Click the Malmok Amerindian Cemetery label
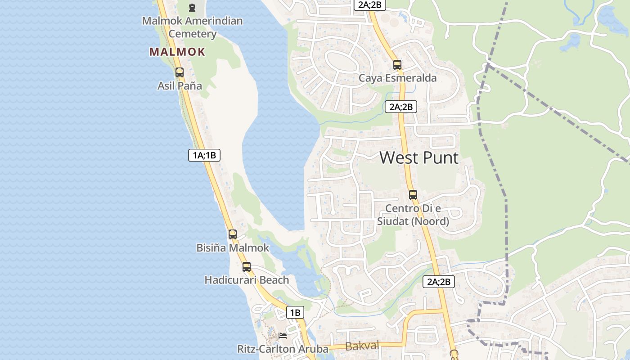pyautogui.click(x=192, y=27)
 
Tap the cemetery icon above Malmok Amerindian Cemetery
pyautogui.click(x=192, y=7)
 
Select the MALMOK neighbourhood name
pyautogui.click(x=177, y=52)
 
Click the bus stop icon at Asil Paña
pyautogui.click(x=180, y=72)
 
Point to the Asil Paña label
pyautogui.click(x=180, y=85)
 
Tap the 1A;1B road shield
pyautogui.click(x=204, y=155)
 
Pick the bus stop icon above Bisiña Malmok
pyautogui.click(x=232, y=234)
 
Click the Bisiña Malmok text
pyautogui.click(x=233, y=247)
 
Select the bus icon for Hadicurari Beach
pyautogui.click(x=246, y=266)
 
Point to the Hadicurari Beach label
pyautogui.click(x=247, y=280)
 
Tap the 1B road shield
pyautogui.click(x=295, y=312)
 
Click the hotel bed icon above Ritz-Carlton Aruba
pyautogui.click(x=282, y=335)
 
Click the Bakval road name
pyautogui.click(x=362, y=346)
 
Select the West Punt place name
pyautogui.click(x=419, y=157)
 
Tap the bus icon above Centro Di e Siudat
pyautogui.click(x=413, y=195)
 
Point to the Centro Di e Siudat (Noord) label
pyautogui.click(x=413, y=215)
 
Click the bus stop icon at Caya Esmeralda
pyautogui.click(x=397, y=64)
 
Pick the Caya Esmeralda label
pyautogui.click(x=397, y=78)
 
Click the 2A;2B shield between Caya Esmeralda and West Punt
pyautogui.click(x=400, y=107)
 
